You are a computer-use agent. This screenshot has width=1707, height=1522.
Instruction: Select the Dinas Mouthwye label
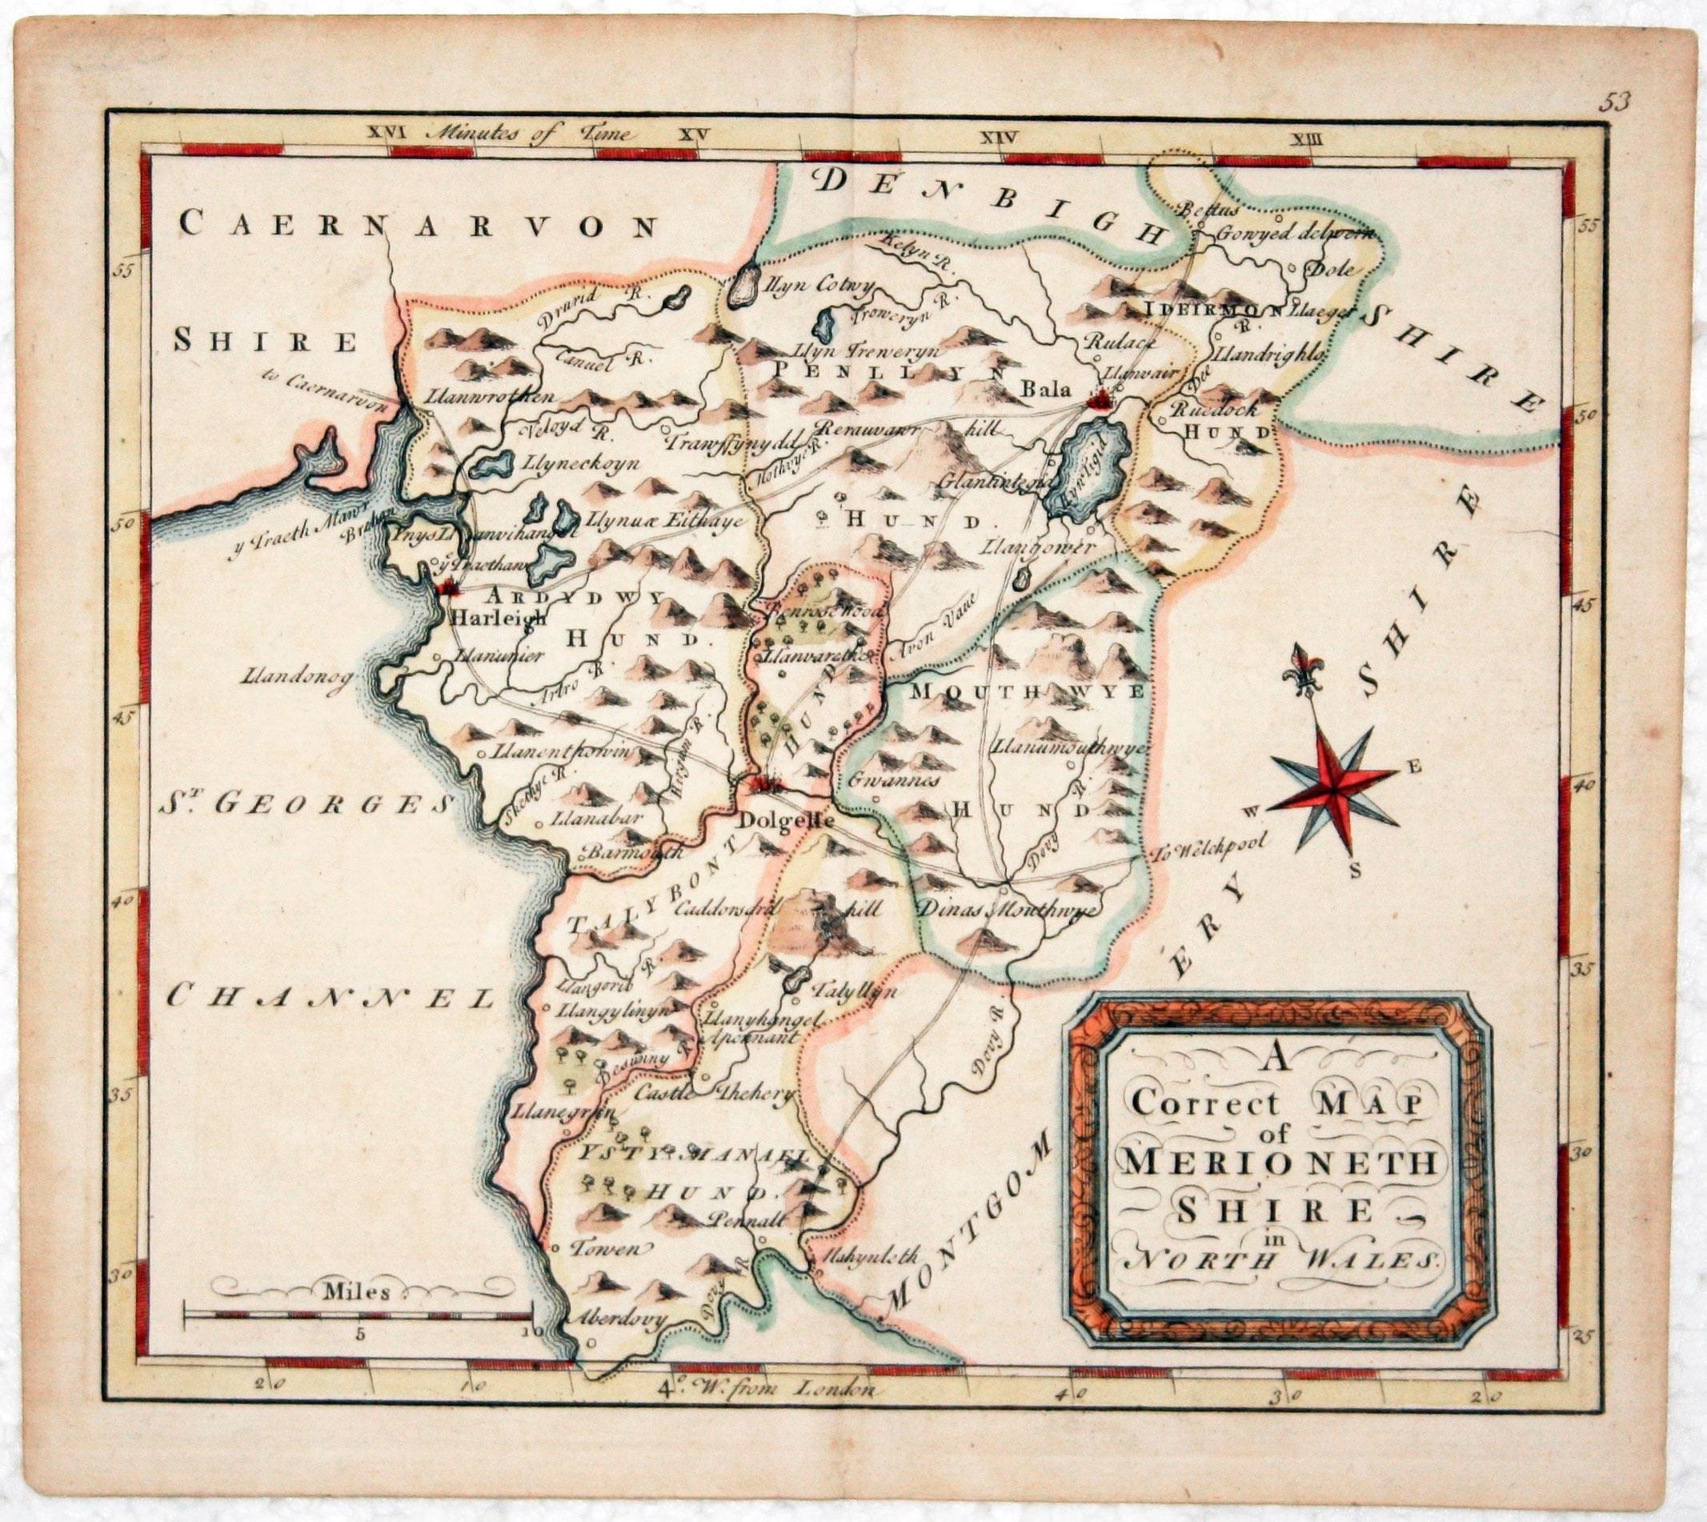click(x=1009, y=910)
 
